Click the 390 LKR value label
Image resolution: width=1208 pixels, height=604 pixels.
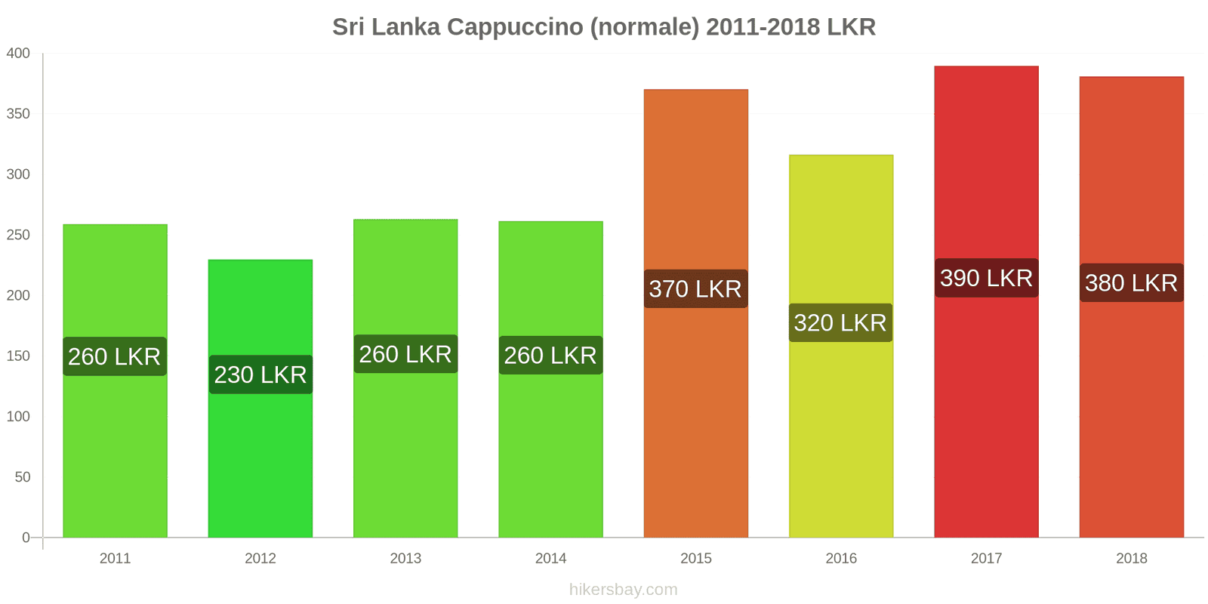986,278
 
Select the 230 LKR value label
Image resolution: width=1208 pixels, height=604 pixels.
260,374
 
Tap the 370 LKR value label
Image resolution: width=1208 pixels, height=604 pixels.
695,288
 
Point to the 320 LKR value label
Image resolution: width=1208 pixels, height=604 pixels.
840,323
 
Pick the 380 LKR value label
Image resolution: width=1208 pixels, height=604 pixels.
1131,282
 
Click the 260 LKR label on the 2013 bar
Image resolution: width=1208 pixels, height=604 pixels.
405,354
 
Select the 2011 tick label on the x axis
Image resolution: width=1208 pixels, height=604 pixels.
115,558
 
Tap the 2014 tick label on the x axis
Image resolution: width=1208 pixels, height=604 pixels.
550,558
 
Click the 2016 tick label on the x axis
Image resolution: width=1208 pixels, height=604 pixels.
841,558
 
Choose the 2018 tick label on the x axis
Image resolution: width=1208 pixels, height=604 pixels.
1131,558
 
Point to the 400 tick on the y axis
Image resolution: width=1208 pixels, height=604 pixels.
18,53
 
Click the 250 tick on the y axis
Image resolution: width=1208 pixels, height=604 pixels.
18,235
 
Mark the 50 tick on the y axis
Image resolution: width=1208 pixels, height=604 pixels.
22,477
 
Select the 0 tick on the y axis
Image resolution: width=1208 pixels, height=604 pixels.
26,538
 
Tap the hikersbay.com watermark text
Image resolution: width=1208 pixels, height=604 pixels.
623,590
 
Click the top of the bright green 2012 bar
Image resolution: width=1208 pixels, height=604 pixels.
260,261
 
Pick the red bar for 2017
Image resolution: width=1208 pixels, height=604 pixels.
986,415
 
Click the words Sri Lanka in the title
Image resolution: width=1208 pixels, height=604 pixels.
386,27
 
